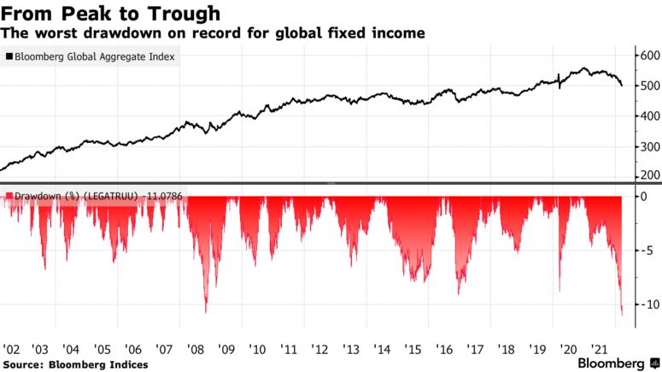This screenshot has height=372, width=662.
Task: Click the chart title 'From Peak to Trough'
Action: (111, 14)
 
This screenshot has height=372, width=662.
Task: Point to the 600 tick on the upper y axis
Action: (650, 56)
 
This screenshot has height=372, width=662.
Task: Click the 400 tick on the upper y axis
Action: (650, 115)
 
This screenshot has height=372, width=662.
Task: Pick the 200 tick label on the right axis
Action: (650, 175)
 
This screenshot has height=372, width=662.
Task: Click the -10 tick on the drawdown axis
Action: (647, 304)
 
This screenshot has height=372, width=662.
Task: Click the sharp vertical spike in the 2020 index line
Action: (559, 80)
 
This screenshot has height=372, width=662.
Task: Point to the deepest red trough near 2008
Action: (206, 310)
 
